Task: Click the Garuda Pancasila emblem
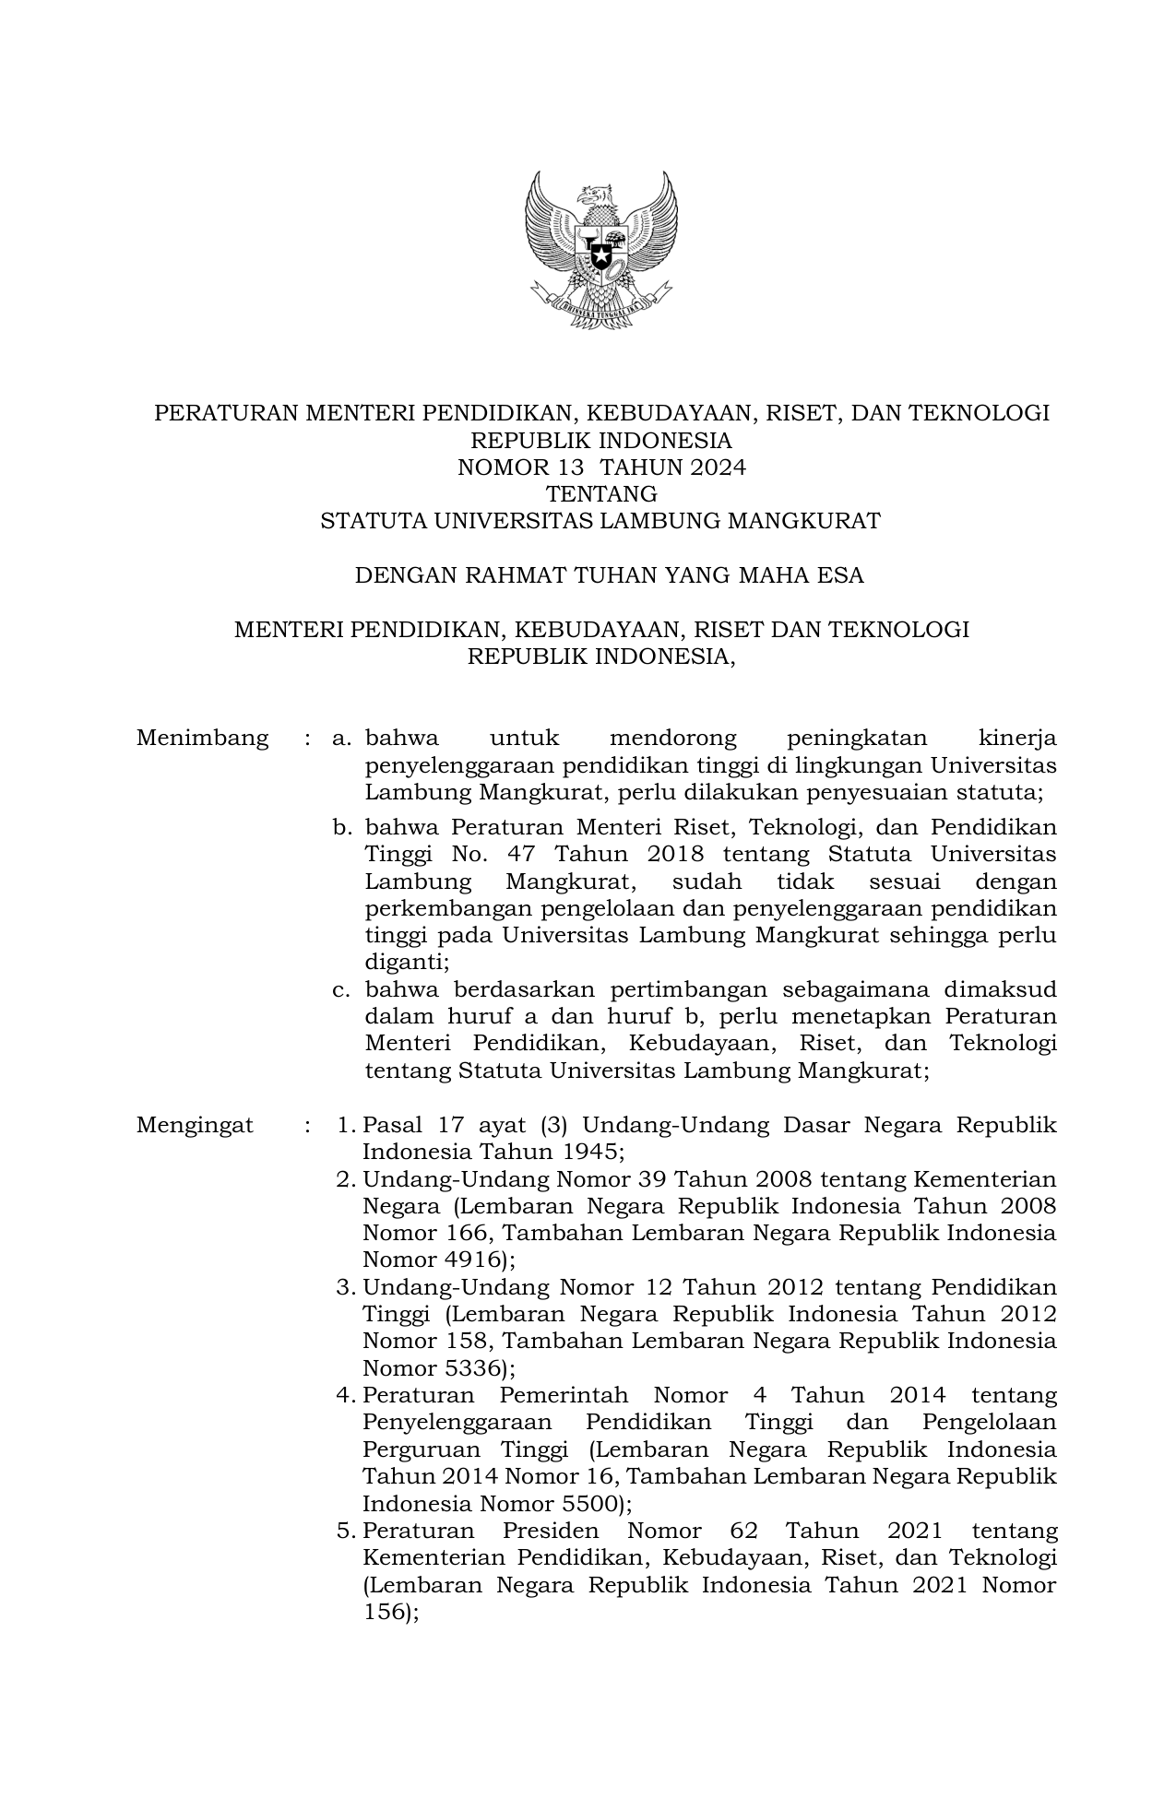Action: [x=600, y=249]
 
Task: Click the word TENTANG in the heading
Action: [x=601, y=494]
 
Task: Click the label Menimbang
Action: [x=202, y=739]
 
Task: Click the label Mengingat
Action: [x=195, y=1125]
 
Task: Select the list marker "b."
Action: [x=343, y=828]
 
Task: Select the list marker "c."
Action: [x=343, y=990]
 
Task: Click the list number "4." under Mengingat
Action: [x=346, y=1396]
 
